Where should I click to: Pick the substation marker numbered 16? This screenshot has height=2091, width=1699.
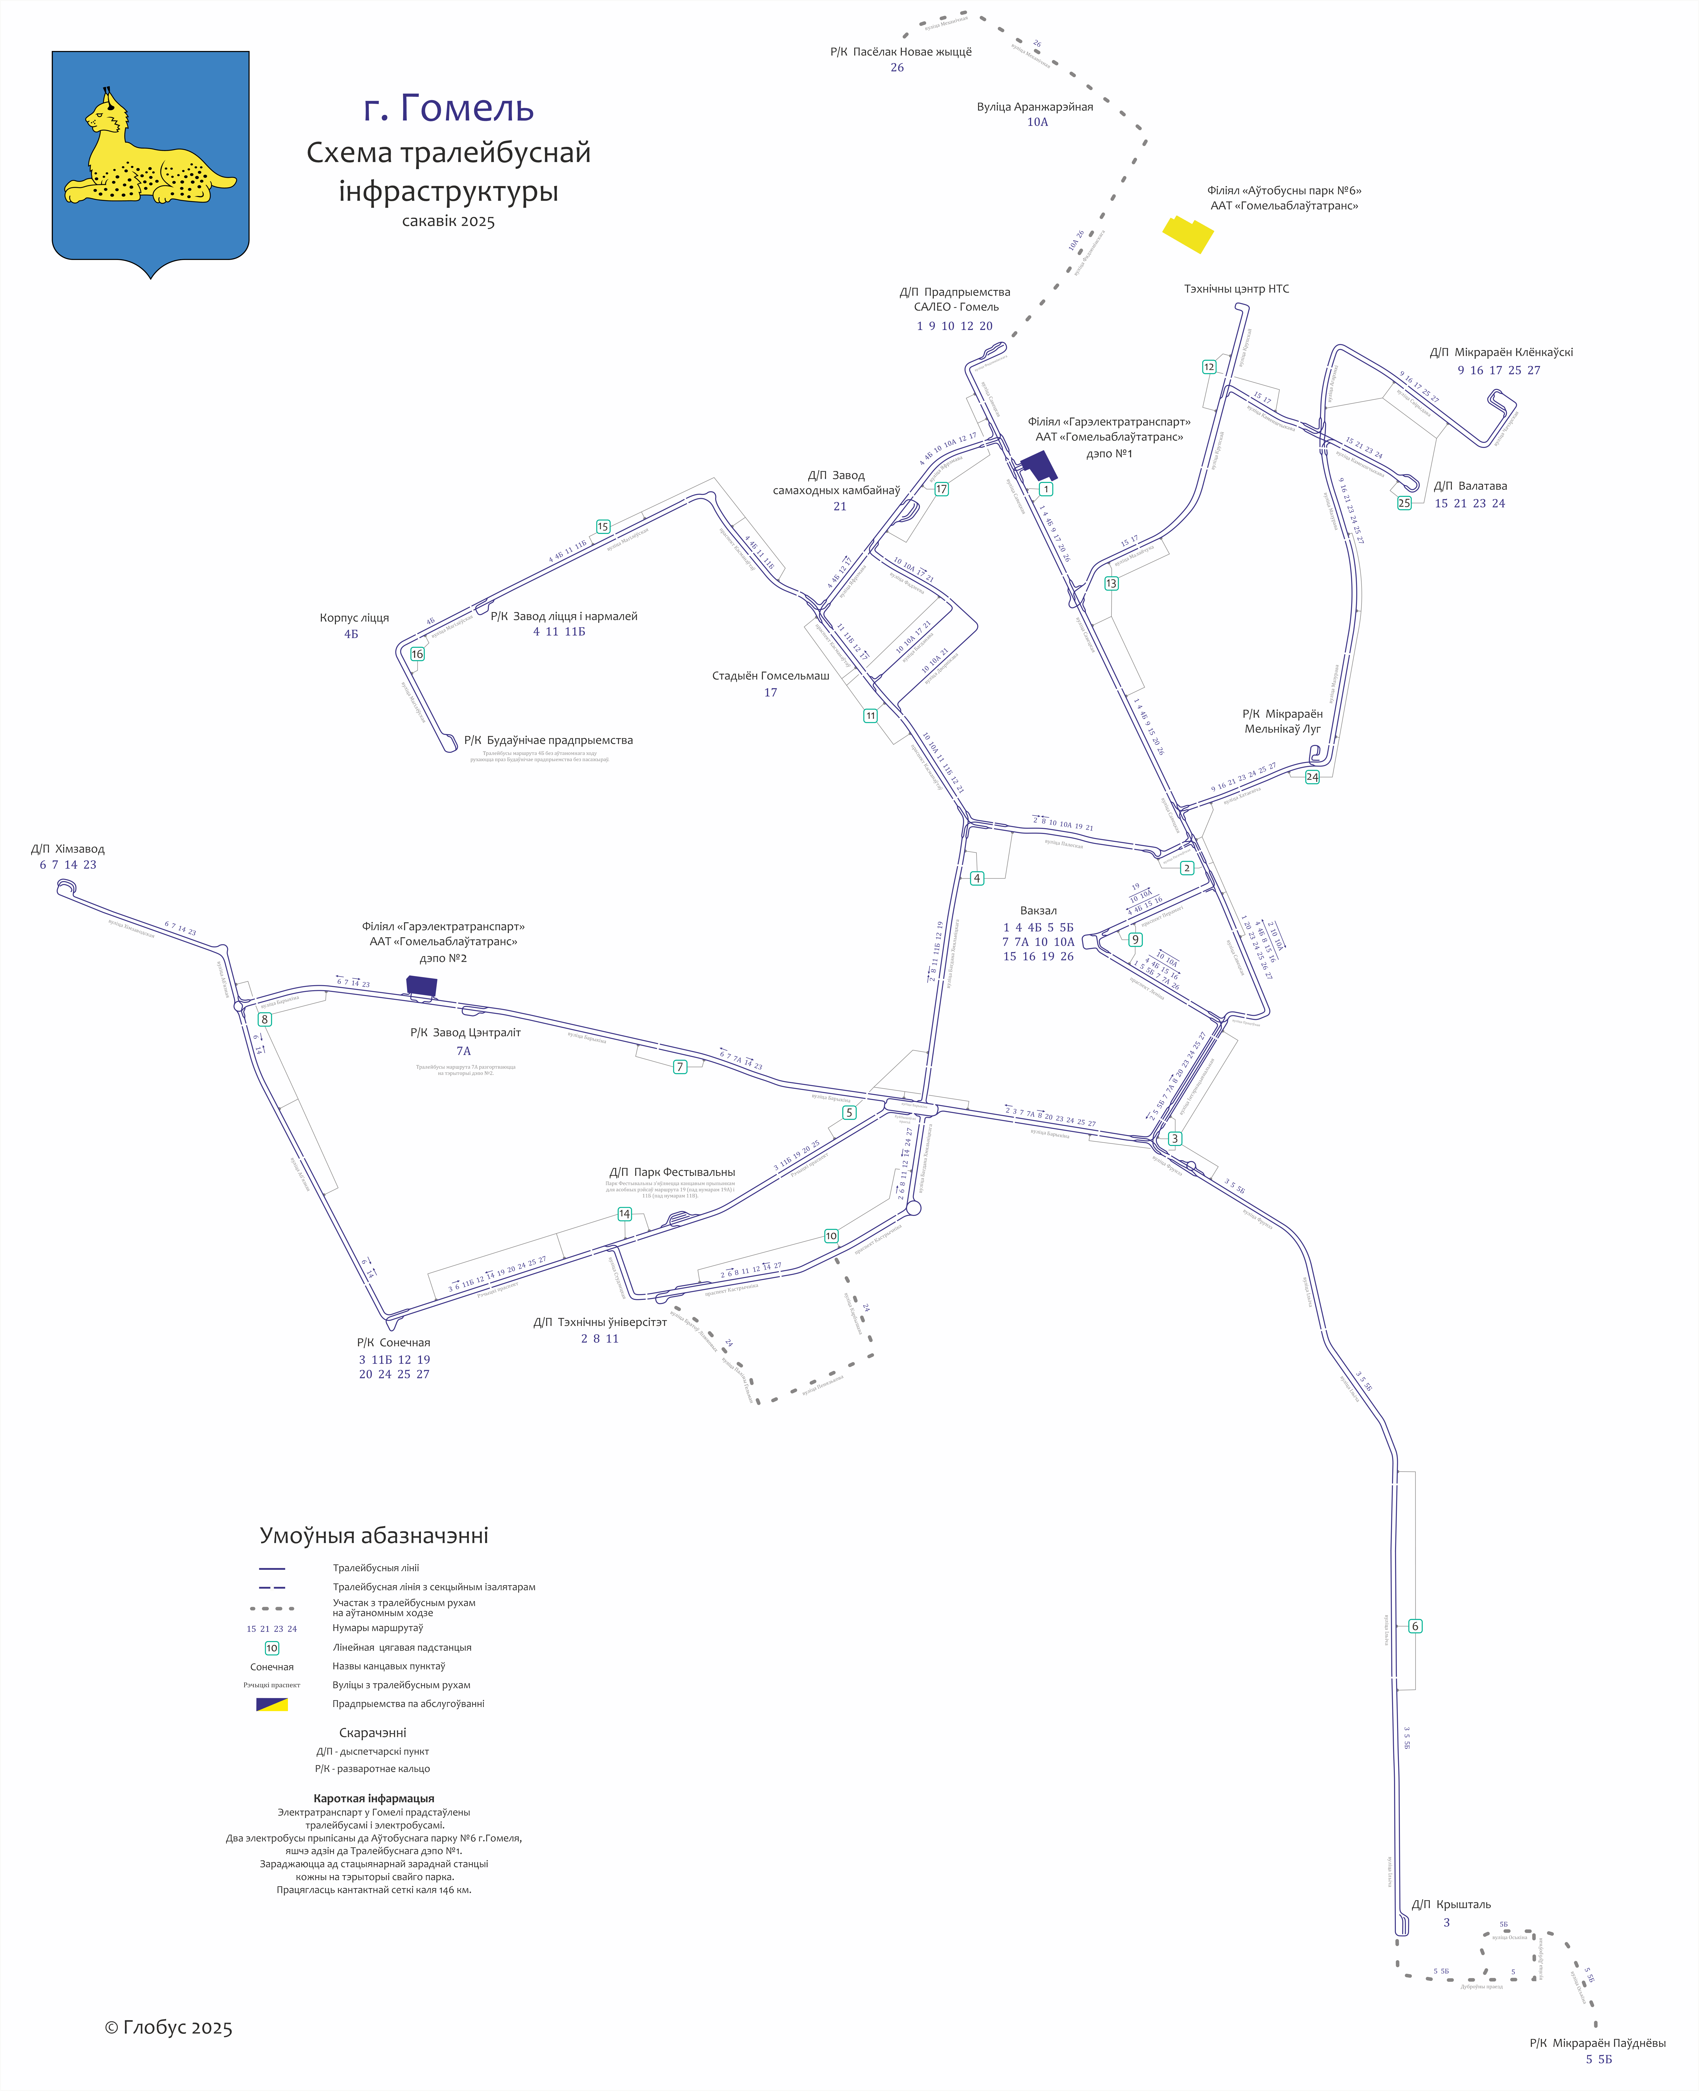417,655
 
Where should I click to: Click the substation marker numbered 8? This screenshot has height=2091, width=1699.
264,1019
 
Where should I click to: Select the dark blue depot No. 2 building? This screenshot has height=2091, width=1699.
422,985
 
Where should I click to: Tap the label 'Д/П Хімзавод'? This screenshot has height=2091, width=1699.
67,848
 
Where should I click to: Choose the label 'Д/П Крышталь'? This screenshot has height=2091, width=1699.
1450,1904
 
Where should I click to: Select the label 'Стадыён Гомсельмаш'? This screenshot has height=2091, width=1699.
770,675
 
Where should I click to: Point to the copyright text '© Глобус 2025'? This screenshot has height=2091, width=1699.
168,2027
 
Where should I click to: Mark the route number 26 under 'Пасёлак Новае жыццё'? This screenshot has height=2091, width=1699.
897,67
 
